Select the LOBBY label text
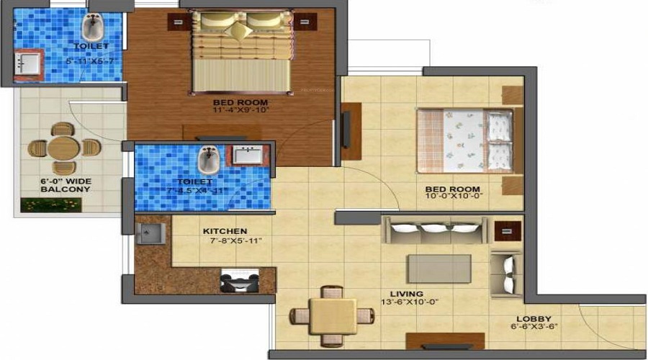(x=534, y=318)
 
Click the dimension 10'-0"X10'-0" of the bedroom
(x=454, y=194)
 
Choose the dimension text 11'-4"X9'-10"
(x=240, y=111)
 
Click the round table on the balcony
(x=63, y=148)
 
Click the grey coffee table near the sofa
(x=439, y=269)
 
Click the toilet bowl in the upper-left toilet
(x=91, y=28)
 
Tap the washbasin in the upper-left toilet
(x=27, y=63)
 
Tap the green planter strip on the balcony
(x=50, y=204)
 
